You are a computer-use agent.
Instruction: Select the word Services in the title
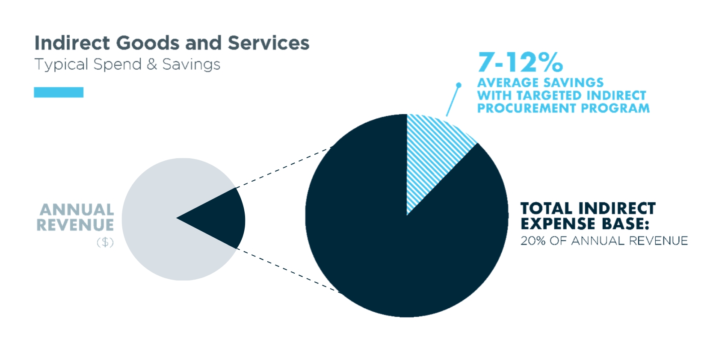click(x=268, y=43)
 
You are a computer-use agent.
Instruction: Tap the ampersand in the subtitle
click(x=151, y=65)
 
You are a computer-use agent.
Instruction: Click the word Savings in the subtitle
click(x=191, y=65)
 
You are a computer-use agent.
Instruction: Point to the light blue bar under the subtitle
click(x=59, y=92)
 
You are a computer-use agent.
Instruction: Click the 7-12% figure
click(x=520, y=62)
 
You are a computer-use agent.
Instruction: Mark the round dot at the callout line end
click(x=459, y=85)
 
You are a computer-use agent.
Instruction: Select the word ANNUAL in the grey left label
click(x=77, y=210)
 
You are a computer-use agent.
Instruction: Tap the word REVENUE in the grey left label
click(x=75, y=225)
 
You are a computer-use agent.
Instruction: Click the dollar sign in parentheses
click(x=105, y=242)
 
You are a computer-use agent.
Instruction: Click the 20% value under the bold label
click(x=533, y=241)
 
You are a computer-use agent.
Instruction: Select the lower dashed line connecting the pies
click(x=287, y=270)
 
